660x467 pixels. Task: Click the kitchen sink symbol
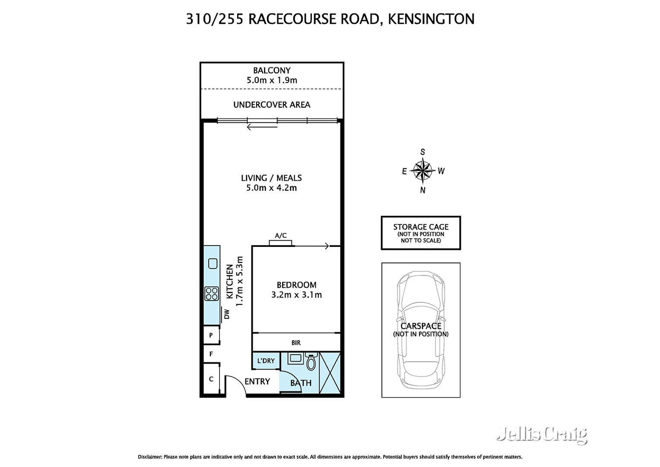213,263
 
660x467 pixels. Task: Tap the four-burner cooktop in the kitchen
212,294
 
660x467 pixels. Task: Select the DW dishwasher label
227,314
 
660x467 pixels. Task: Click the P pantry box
211,335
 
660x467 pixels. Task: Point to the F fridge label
211,354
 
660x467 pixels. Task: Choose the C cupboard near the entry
211,379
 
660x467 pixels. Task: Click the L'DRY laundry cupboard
266,361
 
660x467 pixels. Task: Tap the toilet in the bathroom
311,361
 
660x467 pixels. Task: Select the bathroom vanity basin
295,358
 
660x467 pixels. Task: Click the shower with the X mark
330,373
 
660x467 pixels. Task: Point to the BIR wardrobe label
296,343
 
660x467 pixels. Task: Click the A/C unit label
281,236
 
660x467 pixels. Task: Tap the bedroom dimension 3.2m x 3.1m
296,295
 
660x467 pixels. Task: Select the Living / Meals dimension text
271,188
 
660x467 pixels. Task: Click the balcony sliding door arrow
262,127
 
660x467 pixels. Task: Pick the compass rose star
422,170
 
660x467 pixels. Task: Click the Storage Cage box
421,233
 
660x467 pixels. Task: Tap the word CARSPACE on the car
421,326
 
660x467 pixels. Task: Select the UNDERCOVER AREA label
272,105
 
